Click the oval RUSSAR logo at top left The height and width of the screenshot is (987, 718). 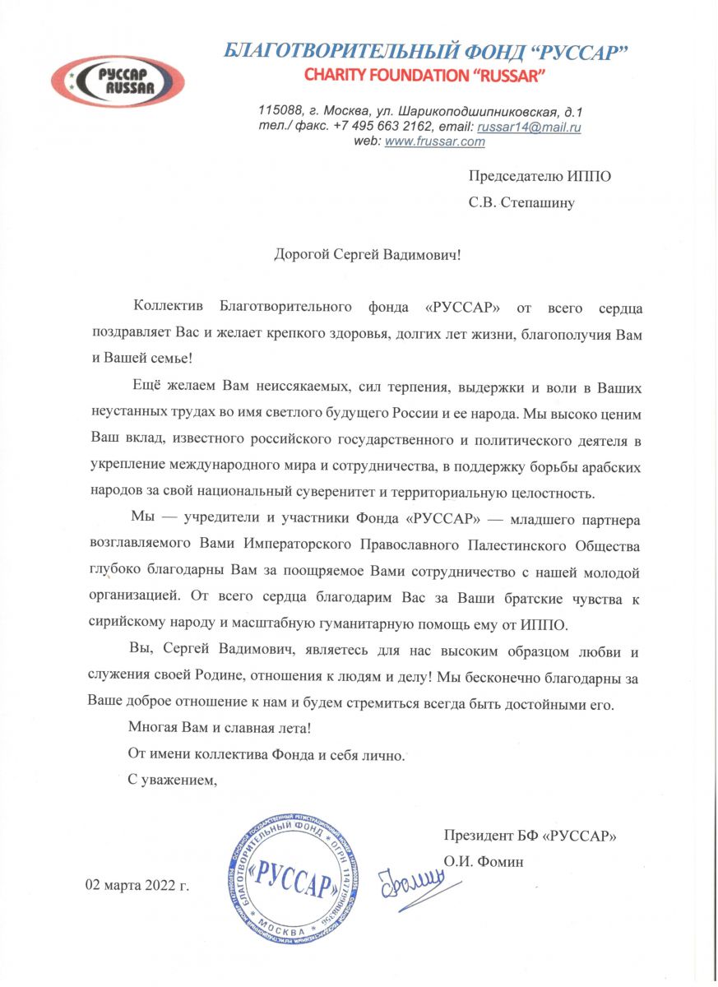point(117,81)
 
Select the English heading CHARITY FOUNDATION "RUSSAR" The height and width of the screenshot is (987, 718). point(425,76)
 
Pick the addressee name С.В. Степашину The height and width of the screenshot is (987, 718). point(521,203)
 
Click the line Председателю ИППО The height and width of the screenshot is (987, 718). point(540,176)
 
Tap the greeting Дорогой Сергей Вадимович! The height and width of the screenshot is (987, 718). point(368,254)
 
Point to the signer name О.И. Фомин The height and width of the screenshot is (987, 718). point(484,862)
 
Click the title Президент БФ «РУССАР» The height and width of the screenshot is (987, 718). point(530,836)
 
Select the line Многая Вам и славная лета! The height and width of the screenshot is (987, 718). point(220,728)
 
